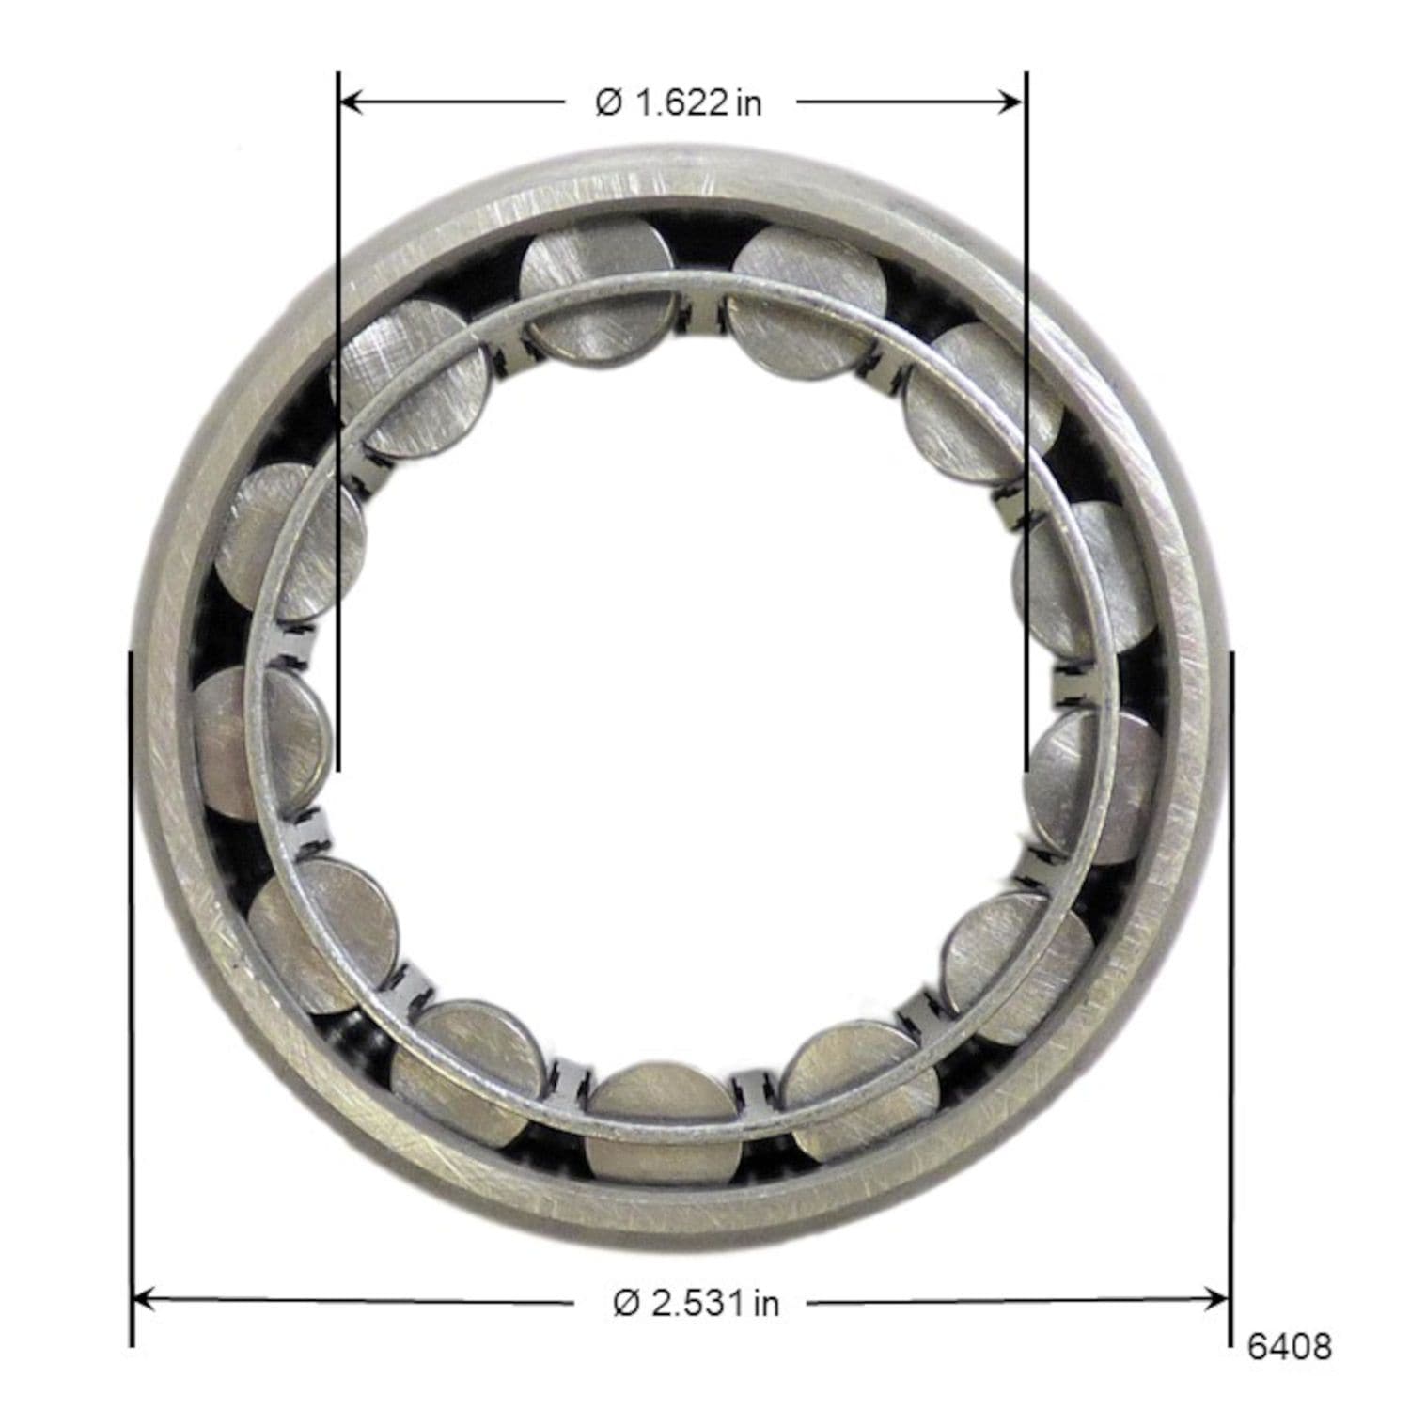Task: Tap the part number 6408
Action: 1289,1347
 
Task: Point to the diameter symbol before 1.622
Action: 609,102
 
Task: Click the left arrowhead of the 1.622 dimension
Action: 351,102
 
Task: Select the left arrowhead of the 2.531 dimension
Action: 144,1300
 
